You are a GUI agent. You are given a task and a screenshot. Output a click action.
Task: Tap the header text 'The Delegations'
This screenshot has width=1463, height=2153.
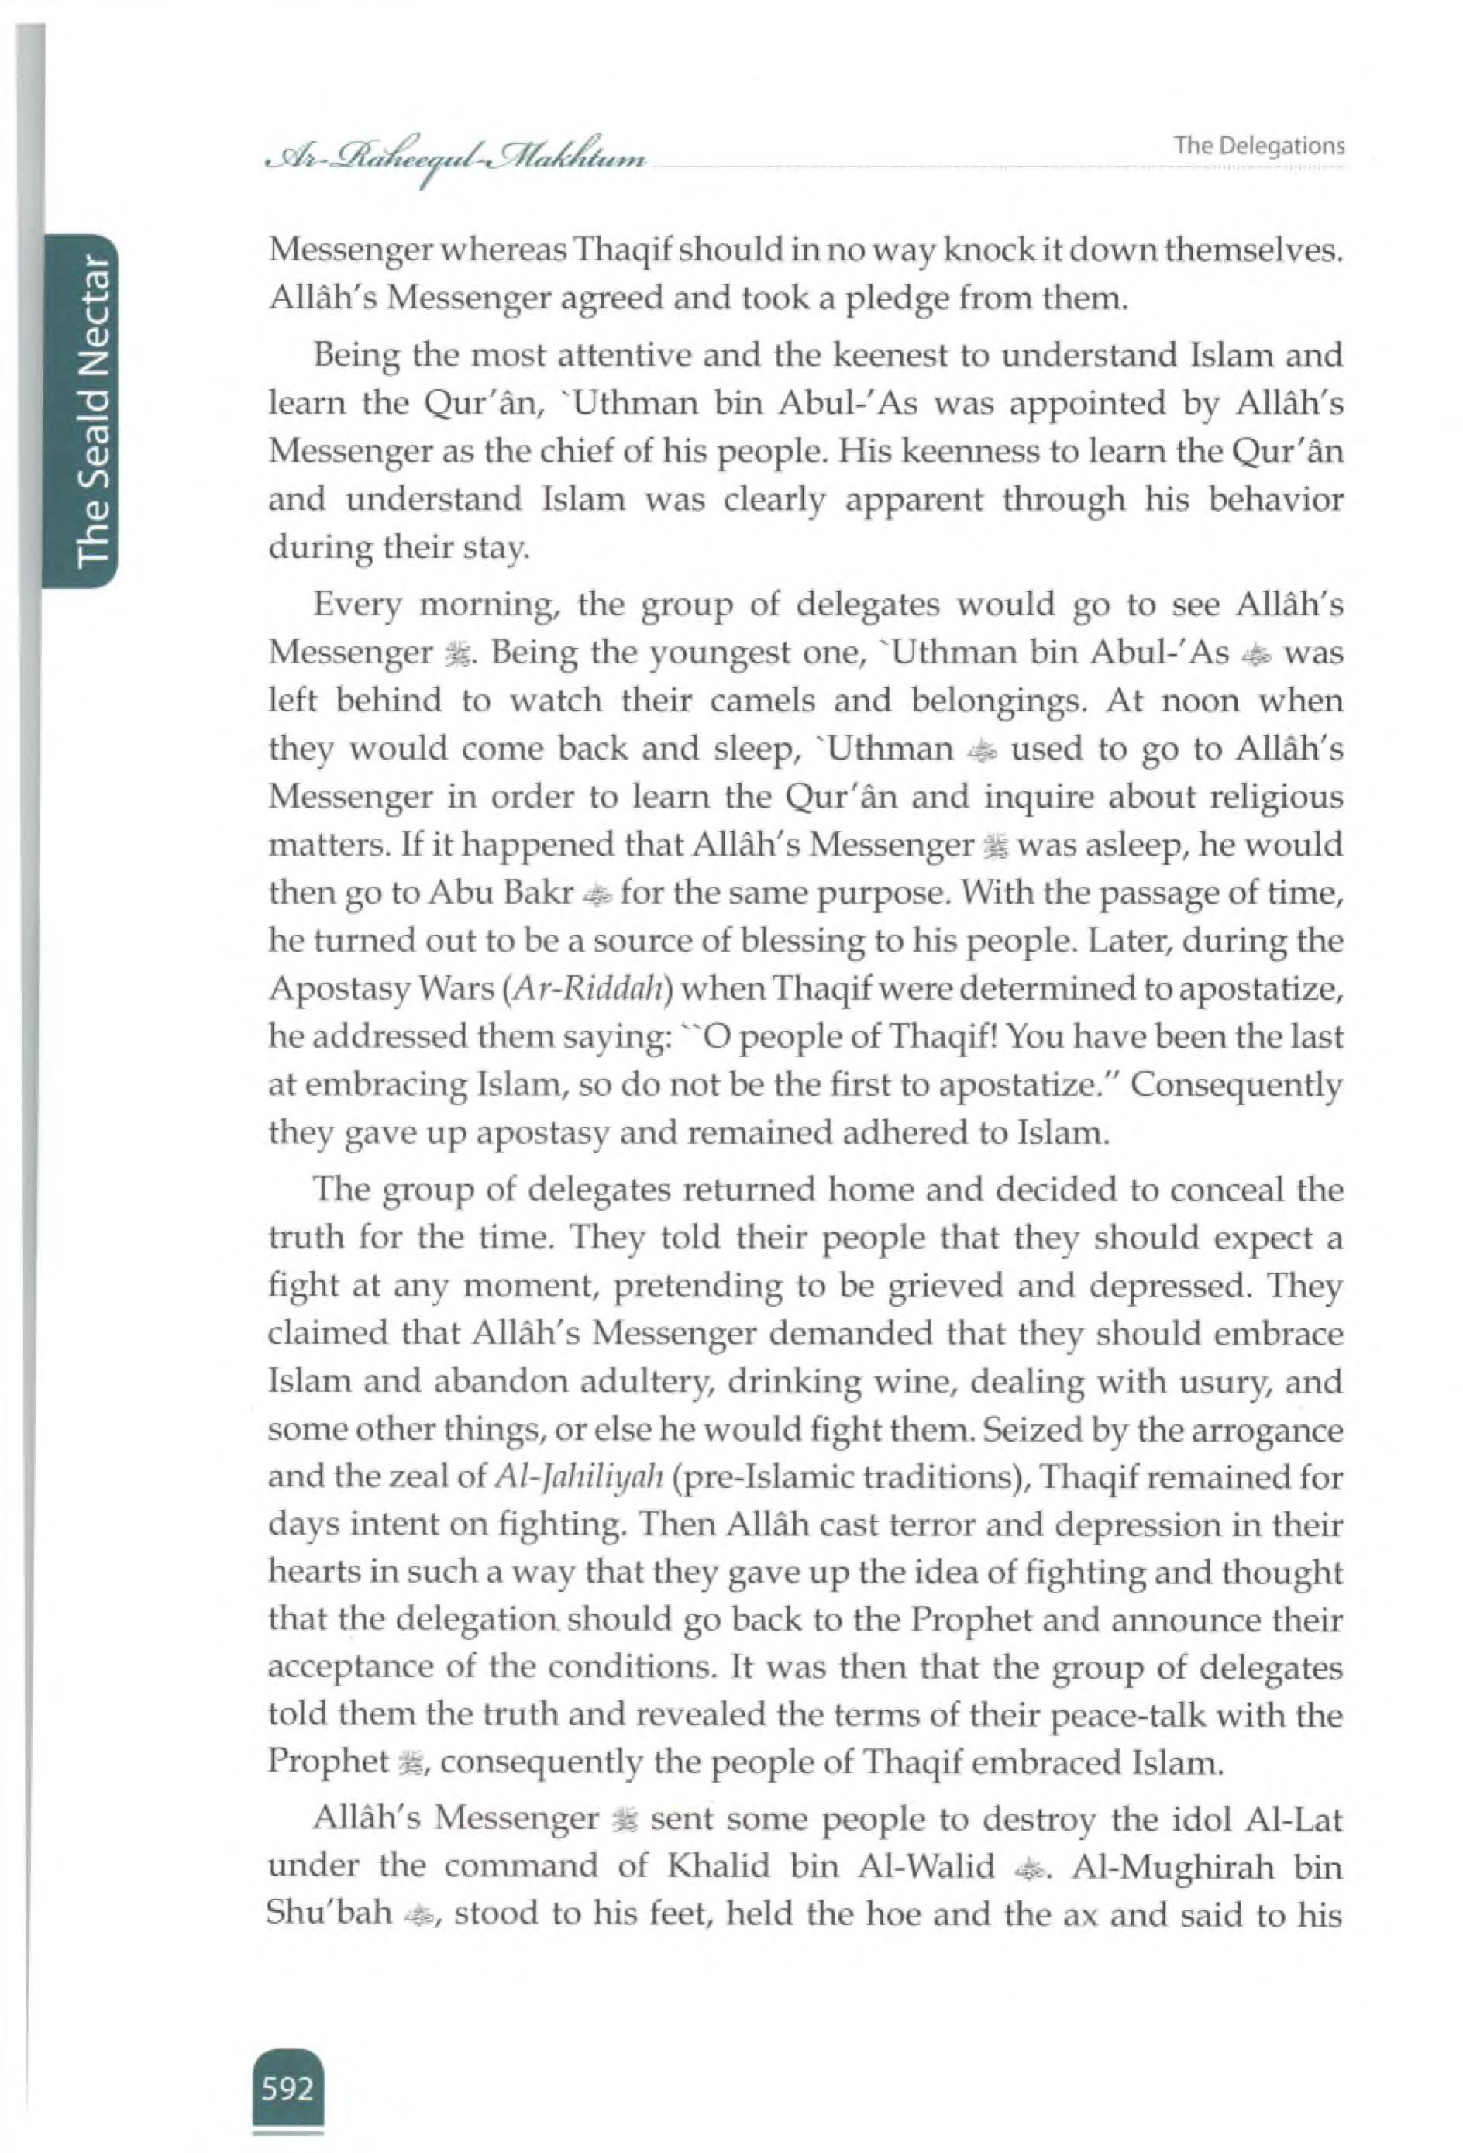[x=1259, y=146]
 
